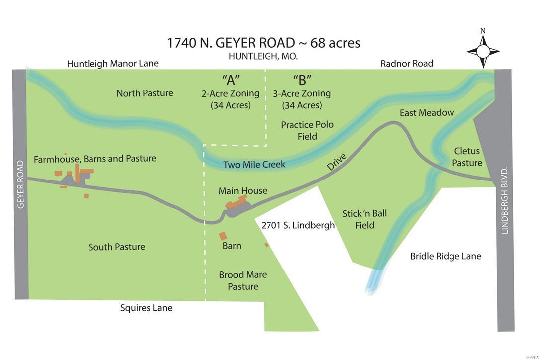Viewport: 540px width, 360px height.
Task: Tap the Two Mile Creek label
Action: (x=254, y=165)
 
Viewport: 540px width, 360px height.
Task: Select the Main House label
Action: (x=243, y=191)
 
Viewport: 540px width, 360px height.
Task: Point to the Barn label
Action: (x=232, y=246)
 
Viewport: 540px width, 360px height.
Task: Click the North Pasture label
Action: (x=145, y=93)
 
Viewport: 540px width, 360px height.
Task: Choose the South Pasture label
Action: (x=117, y=247)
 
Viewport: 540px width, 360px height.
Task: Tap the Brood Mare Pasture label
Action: (x=243, y=280)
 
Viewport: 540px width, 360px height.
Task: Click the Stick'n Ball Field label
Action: (x=364, y=219)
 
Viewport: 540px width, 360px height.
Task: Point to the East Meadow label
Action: (x=427, y=113)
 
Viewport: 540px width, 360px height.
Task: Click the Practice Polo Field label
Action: (x=307, y=130)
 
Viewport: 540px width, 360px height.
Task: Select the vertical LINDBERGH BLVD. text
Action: (x=505, y=200)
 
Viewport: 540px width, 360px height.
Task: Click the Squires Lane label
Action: (x=146, y=308)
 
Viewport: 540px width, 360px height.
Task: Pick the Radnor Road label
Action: (x=407, y=63)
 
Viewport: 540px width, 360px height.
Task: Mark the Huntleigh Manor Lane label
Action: (x=113, y=63)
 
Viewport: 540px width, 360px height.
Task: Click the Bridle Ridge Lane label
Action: (x=446, y=256)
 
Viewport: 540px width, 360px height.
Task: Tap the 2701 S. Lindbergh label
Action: (x=298, y=225)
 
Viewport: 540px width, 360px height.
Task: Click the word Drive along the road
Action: (x=337, y=163)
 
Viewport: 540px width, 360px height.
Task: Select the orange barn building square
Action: (x=223, y=236)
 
